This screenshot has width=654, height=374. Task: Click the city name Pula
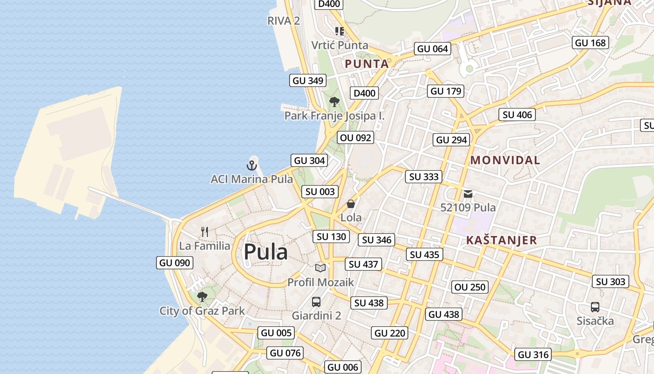tap(266, 252)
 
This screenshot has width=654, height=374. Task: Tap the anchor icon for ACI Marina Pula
tap(252, 165)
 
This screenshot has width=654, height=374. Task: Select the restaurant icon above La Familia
tap(205, 231)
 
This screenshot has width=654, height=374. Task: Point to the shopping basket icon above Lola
tap(351, 204)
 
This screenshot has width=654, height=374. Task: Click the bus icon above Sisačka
tap(595, 307)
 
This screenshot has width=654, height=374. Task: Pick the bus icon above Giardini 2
tap(316, 302)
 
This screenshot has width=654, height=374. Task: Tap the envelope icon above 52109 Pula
tap(468, 194)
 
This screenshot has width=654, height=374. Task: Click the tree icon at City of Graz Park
tap(202, 296)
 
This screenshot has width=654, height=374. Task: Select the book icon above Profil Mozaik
tap(320, 268)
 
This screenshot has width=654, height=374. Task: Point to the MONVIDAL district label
tap(505, 160)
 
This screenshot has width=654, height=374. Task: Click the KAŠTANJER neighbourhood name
tap(501, 240)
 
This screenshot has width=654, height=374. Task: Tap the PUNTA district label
tap(367, 64)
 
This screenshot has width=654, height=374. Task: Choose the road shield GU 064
tap(432, 49)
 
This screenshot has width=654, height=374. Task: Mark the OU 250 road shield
tap(470, 287)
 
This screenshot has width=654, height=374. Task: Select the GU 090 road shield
tap(175, 263)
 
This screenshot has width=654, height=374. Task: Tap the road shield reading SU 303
tap(611, 281)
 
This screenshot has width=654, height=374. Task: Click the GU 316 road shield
tap(533, 355)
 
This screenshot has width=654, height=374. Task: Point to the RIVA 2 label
tap(283, 21)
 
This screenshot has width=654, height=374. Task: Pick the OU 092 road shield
tap(355, 137)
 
